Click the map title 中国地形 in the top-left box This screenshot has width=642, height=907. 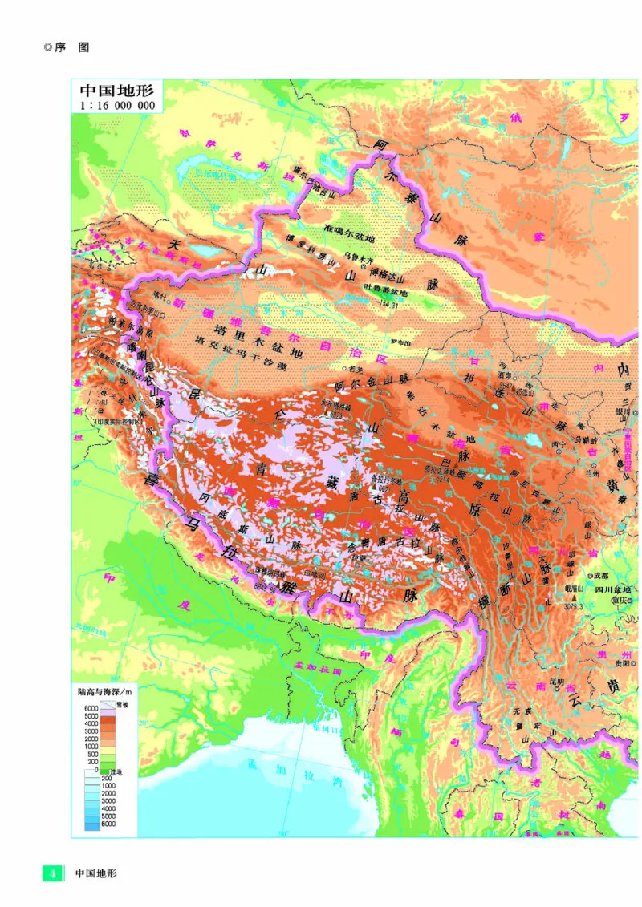tap(116, 88)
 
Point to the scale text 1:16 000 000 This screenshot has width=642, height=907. tap(116, 104)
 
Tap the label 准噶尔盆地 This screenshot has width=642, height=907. tap(348, 238)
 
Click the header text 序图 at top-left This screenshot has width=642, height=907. tap(71, 47)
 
